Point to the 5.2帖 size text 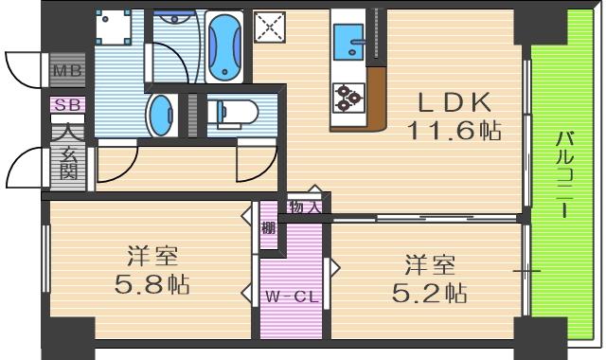[x=430, y=292]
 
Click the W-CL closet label [x=290, y=297]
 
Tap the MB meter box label [x=66, y=71]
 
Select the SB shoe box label [x=67, y=104]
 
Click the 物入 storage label [x=304, y=207]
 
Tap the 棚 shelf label [x=269, y=227]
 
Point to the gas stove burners [x=348, y=95]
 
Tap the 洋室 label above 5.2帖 [x=430, y=264]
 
